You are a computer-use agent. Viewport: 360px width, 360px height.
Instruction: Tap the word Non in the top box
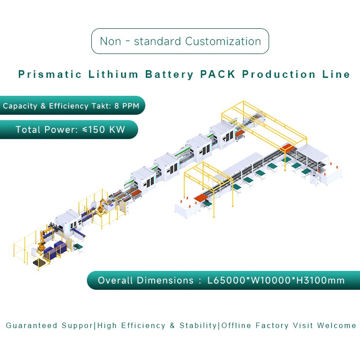[x=111, y=41]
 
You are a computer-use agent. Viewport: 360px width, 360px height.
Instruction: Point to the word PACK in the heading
[x=218, y=75]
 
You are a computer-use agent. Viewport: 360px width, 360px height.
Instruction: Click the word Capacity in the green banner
[x=20, y=106]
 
